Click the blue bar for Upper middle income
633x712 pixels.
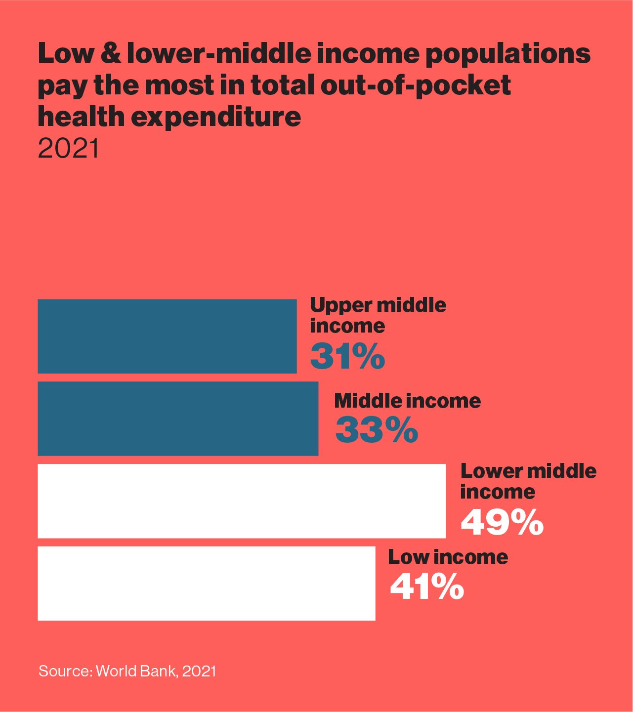167,336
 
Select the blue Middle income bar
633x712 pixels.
178,419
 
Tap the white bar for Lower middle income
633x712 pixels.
242,501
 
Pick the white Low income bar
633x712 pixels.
207,583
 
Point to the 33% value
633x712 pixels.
377,430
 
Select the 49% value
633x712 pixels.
502,522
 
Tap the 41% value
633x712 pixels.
427,587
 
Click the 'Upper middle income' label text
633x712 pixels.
378,315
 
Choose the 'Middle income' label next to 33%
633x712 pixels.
407,401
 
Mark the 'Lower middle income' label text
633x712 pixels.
528,481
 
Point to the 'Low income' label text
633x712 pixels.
448,557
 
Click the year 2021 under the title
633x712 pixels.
68,148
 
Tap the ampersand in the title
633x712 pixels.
113,53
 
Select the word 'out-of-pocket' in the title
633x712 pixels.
415,86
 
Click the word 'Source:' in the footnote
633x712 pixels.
65,671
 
